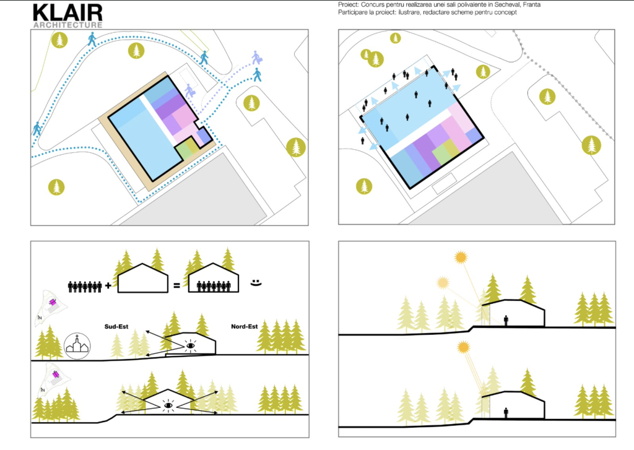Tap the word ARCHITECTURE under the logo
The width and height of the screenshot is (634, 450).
tap(67, 25)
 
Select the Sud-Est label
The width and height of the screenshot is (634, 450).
tap(116, 327)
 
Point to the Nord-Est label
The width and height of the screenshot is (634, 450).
tap(244, 327)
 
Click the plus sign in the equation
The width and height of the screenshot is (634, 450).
tap(108, 286)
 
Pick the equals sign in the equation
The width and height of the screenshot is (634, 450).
tap(176, 286)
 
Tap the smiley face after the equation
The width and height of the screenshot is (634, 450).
tap(256, 283)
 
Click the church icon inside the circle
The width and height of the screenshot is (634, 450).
tap(77, 346)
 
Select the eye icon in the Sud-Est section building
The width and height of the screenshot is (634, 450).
tap(191, 345)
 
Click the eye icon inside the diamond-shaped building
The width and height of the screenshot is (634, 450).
tap(168, 405)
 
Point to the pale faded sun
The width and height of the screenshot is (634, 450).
tap(443, 283)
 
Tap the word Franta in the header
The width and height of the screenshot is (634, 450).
tap(531, 5)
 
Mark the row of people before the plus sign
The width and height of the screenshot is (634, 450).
tap(85, 286)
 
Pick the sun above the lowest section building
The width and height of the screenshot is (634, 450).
tap(463, 347)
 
